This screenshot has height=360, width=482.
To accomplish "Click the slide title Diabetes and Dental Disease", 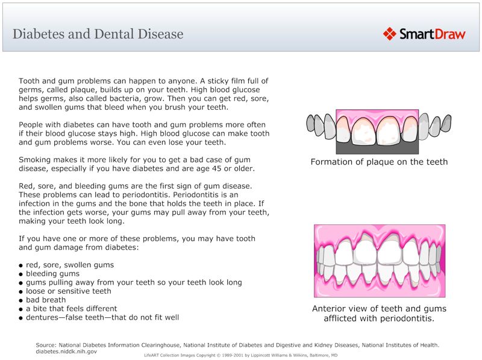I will [x=98, y=34].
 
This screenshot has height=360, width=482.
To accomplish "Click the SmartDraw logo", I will [x=424, y=34].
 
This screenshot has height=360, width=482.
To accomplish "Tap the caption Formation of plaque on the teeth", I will [x=379, y=162].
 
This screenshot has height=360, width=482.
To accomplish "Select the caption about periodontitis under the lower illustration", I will [x=379, y=314].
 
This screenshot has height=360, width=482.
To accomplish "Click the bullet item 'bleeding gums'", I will [x=52, y=273].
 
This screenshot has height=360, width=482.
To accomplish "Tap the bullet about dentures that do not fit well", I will [x=102, y=317].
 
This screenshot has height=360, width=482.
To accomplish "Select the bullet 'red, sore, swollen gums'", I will [x=69, y=265].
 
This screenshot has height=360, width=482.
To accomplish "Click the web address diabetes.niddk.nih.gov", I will [x=66, y=351].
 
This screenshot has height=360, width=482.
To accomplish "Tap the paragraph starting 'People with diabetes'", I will [x=144, y=133].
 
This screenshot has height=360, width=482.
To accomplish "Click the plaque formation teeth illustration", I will [x=377, y=131].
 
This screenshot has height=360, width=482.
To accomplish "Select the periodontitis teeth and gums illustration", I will [x=380, y=261].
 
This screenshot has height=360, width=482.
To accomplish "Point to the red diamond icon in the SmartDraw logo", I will [x=389, y=34].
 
